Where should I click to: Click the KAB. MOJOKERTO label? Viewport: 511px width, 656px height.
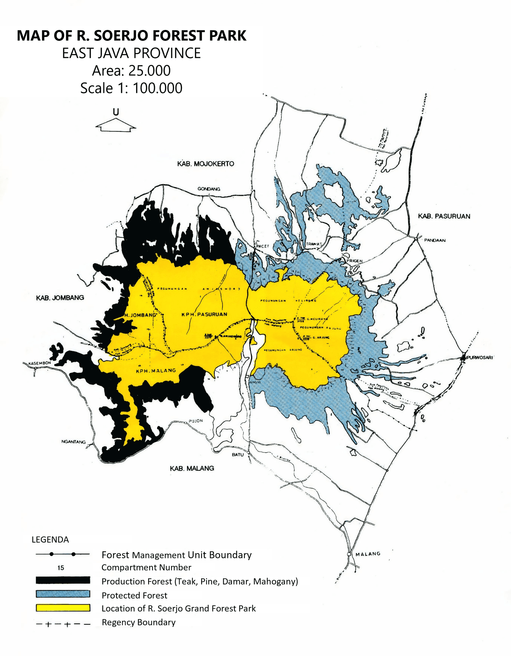coord(206,164)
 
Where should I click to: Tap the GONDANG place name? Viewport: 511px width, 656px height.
coord(209,189)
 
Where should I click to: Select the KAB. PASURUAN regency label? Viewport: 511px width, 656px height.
coord(444,216)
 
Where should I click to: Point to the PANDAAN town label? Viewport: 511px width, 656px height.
coord(435,240)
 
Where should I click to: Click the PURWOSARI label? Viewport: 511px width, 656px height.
coord(480,357)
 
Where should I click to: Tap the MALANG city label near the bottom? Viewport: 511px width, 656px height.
coord(368,554)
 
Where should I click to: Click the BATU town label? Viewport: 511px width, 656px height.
coord(238,454)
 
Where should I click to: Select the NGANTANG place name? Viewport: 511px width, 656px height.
coord(73,442)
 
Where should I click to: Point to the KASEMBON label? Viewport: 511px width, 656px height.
coord(40,363)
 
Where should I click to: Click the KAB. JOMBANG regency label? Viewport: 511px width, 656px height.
coord(60,298)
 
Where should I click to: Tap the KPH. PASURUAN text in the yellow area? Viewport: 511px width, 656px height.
coord(204,314)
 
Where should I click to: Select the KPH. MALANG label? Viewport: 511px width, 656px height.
coord(156,370)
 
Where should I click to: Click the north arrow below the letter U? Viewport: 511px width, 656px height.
coord(116,125)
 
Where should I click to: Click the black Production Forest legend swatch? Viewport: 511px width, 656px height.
coord(63,580)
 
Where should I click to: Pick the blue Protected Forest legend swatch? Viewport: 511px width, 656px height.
coord(63,594)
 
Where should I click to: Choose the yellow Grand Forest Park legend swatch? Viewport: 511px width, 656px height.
coord(63,608)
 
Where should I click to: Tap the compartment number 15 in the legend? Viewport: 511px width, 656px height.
coord(61,568)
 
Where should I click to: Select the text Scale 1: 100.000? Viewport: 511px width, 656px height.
coord(131,88)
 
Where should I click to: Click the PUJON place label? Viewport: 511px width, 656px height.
coord(195,421)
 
